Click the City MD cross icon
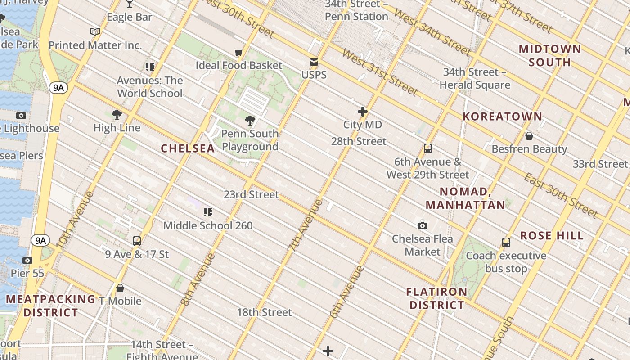tap(363, 112)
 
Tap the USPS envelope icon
tap(314, 62)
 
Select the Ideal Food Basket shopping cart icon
tap(239, 53)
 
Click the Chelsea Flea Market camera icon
tap(422, 225)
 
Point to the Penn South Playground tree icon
tap(250, 121)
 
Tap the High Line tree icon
tap(117, 115)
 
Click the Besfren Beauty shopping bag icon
tap(529, 135)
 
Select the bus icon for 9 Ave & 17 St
tap(137, 241)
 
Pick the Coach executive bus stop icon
tap(506, 243)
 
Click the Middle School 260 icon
tap(207, 212)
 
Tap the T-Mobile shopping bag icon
tap(120, 288)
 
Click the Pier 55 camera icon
tap(27, 261)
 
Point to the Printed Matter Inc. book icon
tap(95, 32)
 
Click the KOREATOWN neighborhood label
tap(503, 117)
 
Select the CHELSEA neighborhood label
tap(188, 148)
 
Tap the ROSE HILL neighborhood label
tap(552, 236)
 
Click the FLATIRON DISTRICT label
tap(436, 298)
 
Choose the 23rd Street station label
tap(252, 195)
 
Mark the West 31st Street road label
tap(380, 72)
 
